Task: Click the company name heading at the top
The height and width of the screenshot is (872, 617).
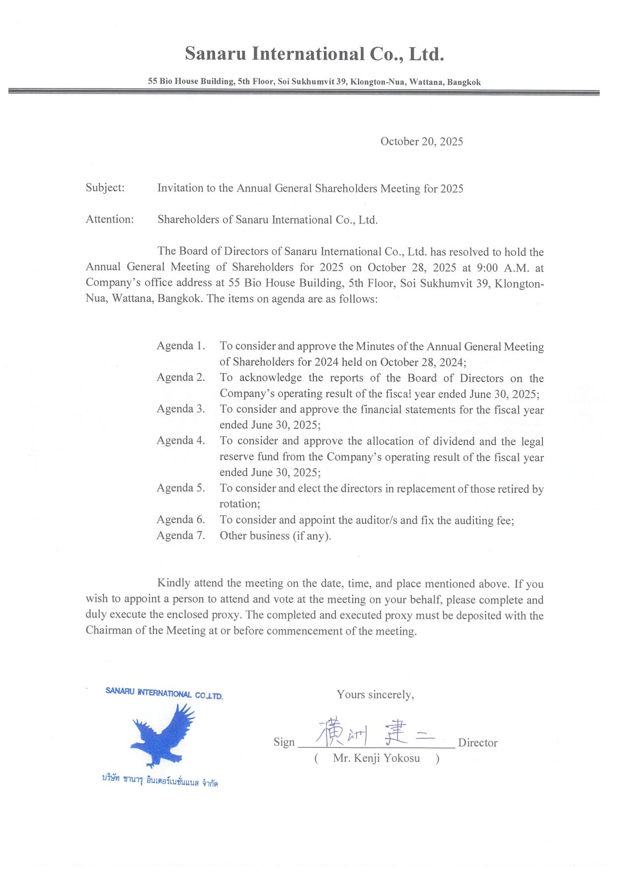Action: tap(314, 54)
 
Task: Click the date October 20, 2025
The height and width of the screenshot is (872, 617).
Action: tap(421, 142)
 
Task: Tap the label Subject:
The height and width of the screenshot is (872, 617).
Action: tap(105, 188)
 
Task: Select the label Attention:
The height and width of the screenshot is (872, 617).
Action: tap(110, 220)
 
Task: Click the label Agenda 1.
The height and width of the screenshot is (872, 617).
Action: tap(181, 346)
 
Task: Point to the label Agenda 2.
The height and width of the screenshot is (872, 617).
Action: tap(181, 378)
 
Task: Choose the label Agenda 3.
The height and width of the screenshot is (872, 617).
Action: tap(181, 409)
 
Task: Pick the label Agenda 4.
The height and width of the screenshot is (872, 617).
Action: tap(181, 441)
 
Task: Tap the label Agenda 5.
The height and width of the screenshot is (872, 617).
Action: tap(181, 488)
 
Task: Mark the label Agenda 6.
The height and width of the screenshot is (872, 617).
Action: tap(181, 520)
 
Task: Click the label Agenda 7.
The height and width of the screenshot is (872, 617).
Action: tap(181, 536)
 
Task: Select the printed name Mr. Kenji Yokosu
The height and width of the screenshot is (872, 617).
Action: tap(376, 758)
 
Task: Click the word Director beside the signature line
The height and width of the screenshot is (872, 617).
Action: tap(477, 743)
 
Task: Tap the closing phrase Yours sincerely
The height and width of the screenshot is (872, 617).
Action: tap(375, 695)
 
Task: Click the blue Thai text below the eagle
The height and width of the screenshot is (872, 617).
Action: tap(159, 781)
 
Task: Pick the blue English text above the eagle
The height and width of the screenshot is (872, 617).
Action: tap(164, 693)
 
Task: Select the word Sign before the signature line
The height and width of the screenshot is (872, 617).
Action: tap(284, 742)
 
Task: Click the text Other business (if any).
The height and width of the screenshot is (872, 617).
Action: tap(275, 536)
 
